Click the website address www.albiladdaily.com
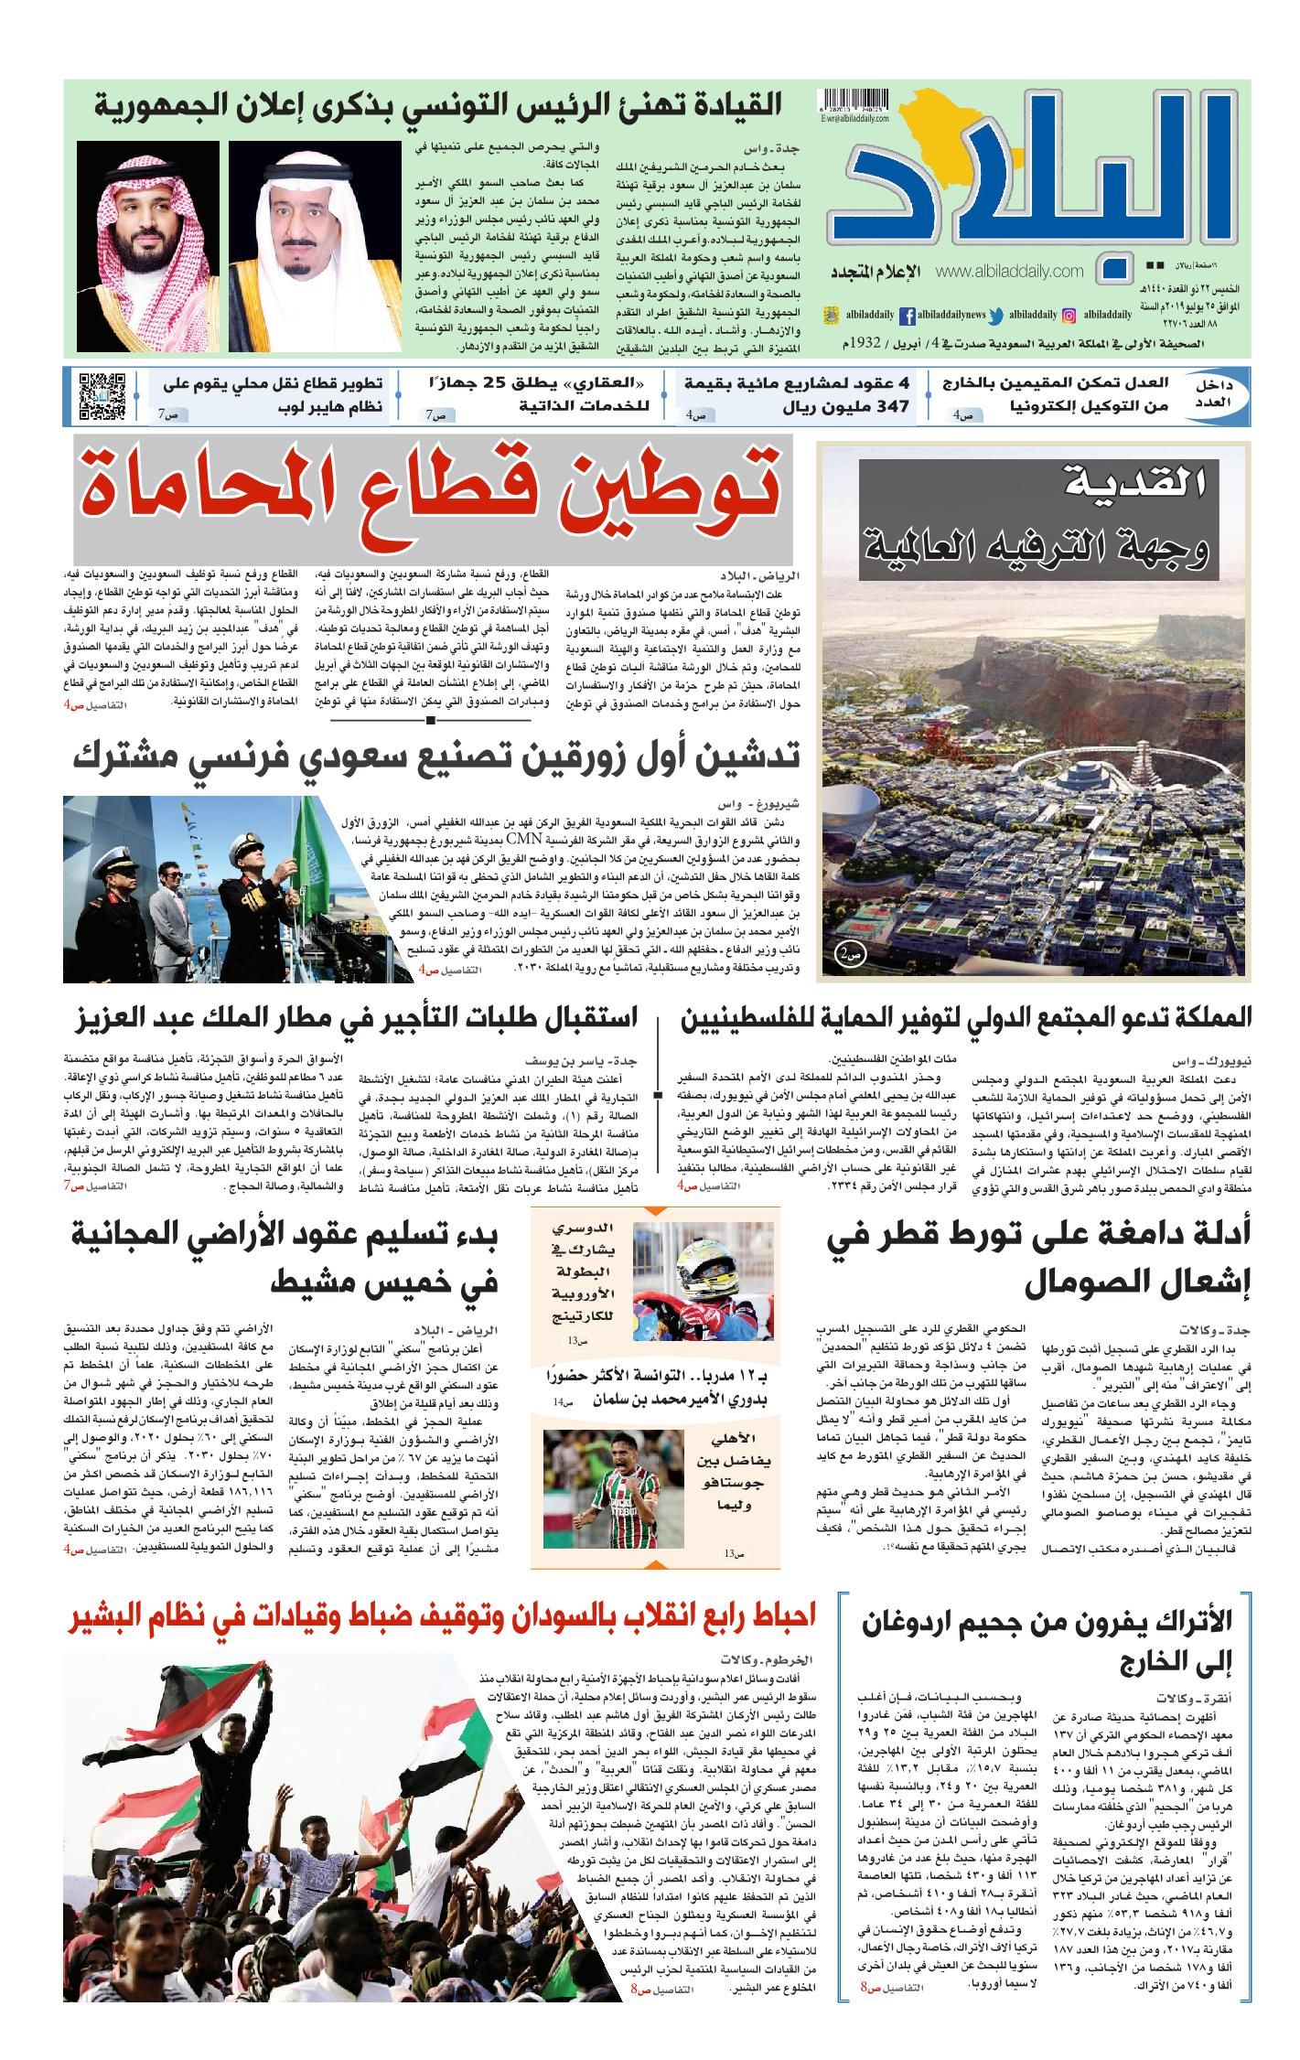coord(1010,271)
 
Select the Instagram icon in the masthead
coord(1068,315)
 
